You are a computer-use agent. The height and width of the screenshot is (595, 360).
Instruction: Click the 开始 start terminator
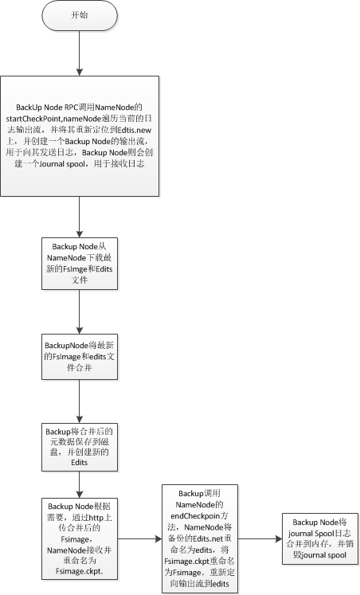[x=80, y=16]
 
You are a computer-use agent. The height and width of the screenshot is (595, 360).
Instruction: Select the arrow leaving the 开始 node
[x=80, y=53]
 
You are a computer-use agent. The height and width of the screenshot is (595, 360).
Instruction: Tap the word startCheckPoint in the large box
[x=33, y=119]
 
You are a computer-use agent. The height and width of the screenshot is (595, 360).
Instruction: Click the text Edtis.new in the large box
[x=135, y=130]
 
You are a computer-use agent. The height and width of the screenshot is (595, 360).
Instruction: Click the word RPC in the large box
[x=71, y=108]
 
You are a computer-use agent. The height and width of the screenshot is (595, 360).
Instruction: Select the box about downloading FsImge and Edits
[x=80, y=264]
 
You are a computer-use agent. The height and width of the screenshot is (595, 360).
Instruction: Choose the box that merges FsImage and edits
[x=80, y=357]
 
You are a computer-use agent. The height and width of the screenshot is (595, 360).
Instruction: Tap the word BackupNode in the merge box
[x=66, y=346]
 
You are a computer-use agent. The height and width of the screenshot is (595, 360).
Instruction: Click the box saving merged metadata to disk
[x=80, y=447]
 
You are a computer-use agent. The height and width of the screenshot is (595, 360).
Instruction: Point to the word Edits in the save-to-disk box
[x=80, y=463]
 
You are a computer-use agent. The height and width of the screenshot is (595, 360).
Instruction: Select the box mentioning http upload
[x=80, y=538]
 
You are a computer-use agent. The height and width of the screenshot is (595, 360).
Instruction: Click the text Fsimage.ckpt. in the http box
[x=80, y=571]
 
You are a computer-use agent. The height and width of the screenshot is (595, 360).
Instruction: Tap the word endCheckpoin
[x=195, y=516]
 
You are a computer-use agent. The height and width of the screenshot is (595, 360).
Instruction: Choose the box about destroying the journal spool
[x=320, y=538]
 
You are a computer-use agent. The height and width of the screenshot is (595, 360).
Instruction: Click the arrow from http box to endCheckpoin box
[x=139, y=538]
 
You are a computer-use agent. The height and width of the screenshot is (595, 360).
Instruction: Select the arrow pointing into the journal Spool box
[x=260, y=538]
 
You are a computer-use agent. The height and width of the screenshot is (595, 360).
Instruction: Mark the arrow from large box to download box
[x=80, y=217]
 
